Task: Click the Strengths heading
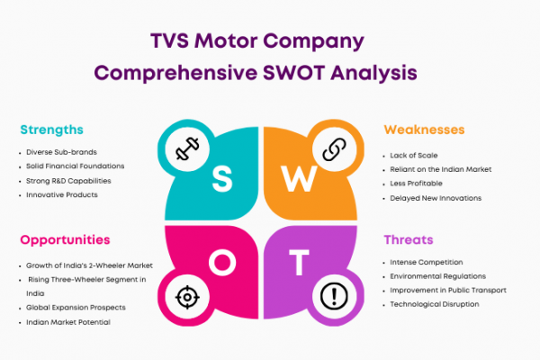coord(51,130)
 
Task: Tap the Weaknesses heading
coord(424,130)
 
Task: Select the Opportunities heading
coord(65,240)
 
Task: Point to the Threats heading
coord(409,239)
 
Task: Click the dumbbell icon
coord(187,148)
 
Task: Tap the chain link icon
coord(335,149)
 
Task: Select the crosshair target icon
coord(187,297)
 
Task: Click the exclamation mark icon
coord(334,296)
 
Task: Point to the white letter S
coord(222,178)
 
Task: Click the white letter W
coord(299,178)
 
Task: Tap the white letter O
coord(222,262)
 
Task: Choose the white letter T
coord(299,263)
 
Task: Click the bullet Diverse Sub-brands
coord(61,152)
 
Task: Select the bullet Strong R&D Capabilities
coord(68,181)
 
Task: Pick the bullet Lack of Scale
coord(414,156)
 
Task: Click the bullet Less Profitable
coord(416,184)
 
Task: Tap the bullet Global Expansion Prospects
coord(76,308)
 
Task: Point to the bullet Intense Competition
coord(427,262)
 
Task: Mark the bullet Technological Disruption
coord(435,304)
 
